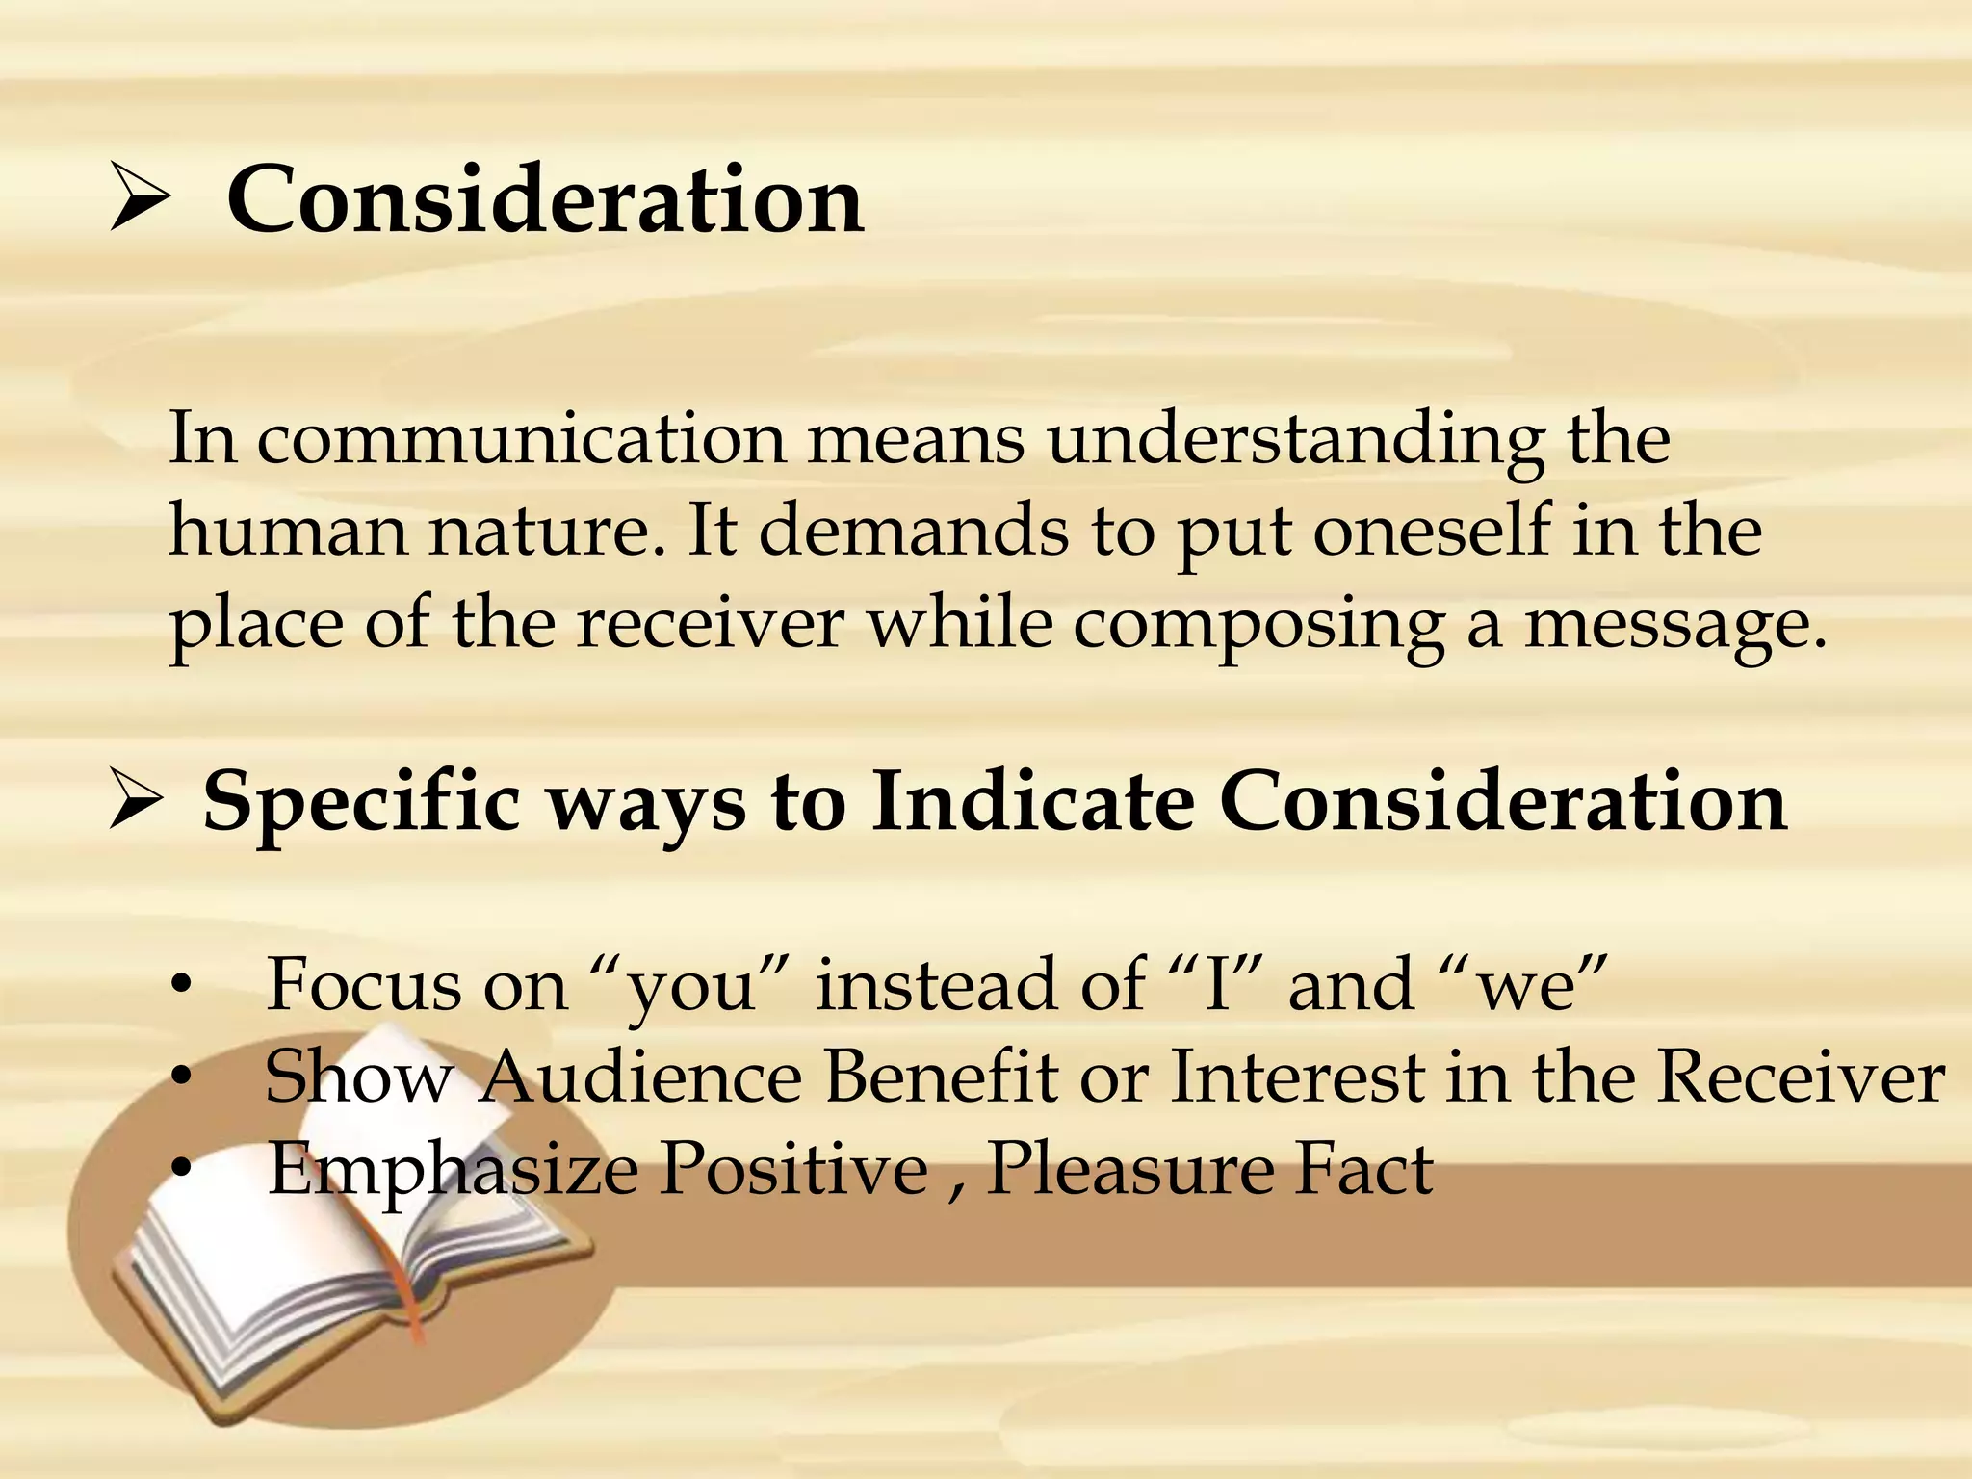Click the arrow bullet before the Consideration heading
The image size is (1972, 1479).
[x=141, y=197]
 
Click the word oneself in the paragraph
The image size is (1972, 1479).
[x=1433, y=532]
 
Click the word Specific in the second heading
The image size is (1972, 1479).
[x=361, y=803]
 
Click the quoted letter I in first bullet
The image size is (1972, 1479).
[x=1217, y=984]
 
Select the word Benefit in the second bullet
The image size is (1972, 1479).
[x=941, y=1077]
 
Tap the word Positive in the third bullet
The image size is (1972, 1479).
[x=794, y=1169]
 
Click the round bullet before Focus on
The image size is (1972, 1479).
[x=180, y=986]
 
